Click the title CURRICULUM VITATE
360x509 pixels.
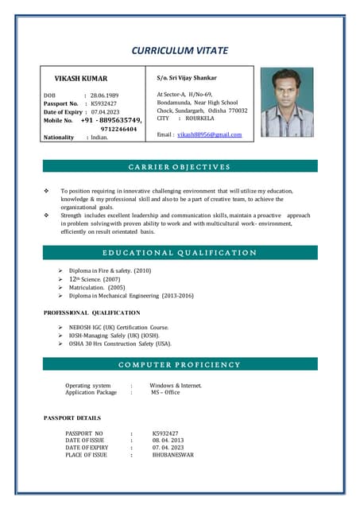[x=180, y=51]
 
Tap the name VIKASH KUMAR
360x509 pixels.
[x=80, y=79]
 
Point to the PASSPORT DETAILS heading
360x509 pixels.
[x=72, y=418]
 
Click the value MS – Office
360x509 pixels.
[x=165, y=392]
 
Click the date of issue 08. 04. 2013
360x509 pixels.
[x=168, y=440]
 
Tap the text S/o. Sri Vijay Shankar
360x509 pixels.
[x=187, y=78]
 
